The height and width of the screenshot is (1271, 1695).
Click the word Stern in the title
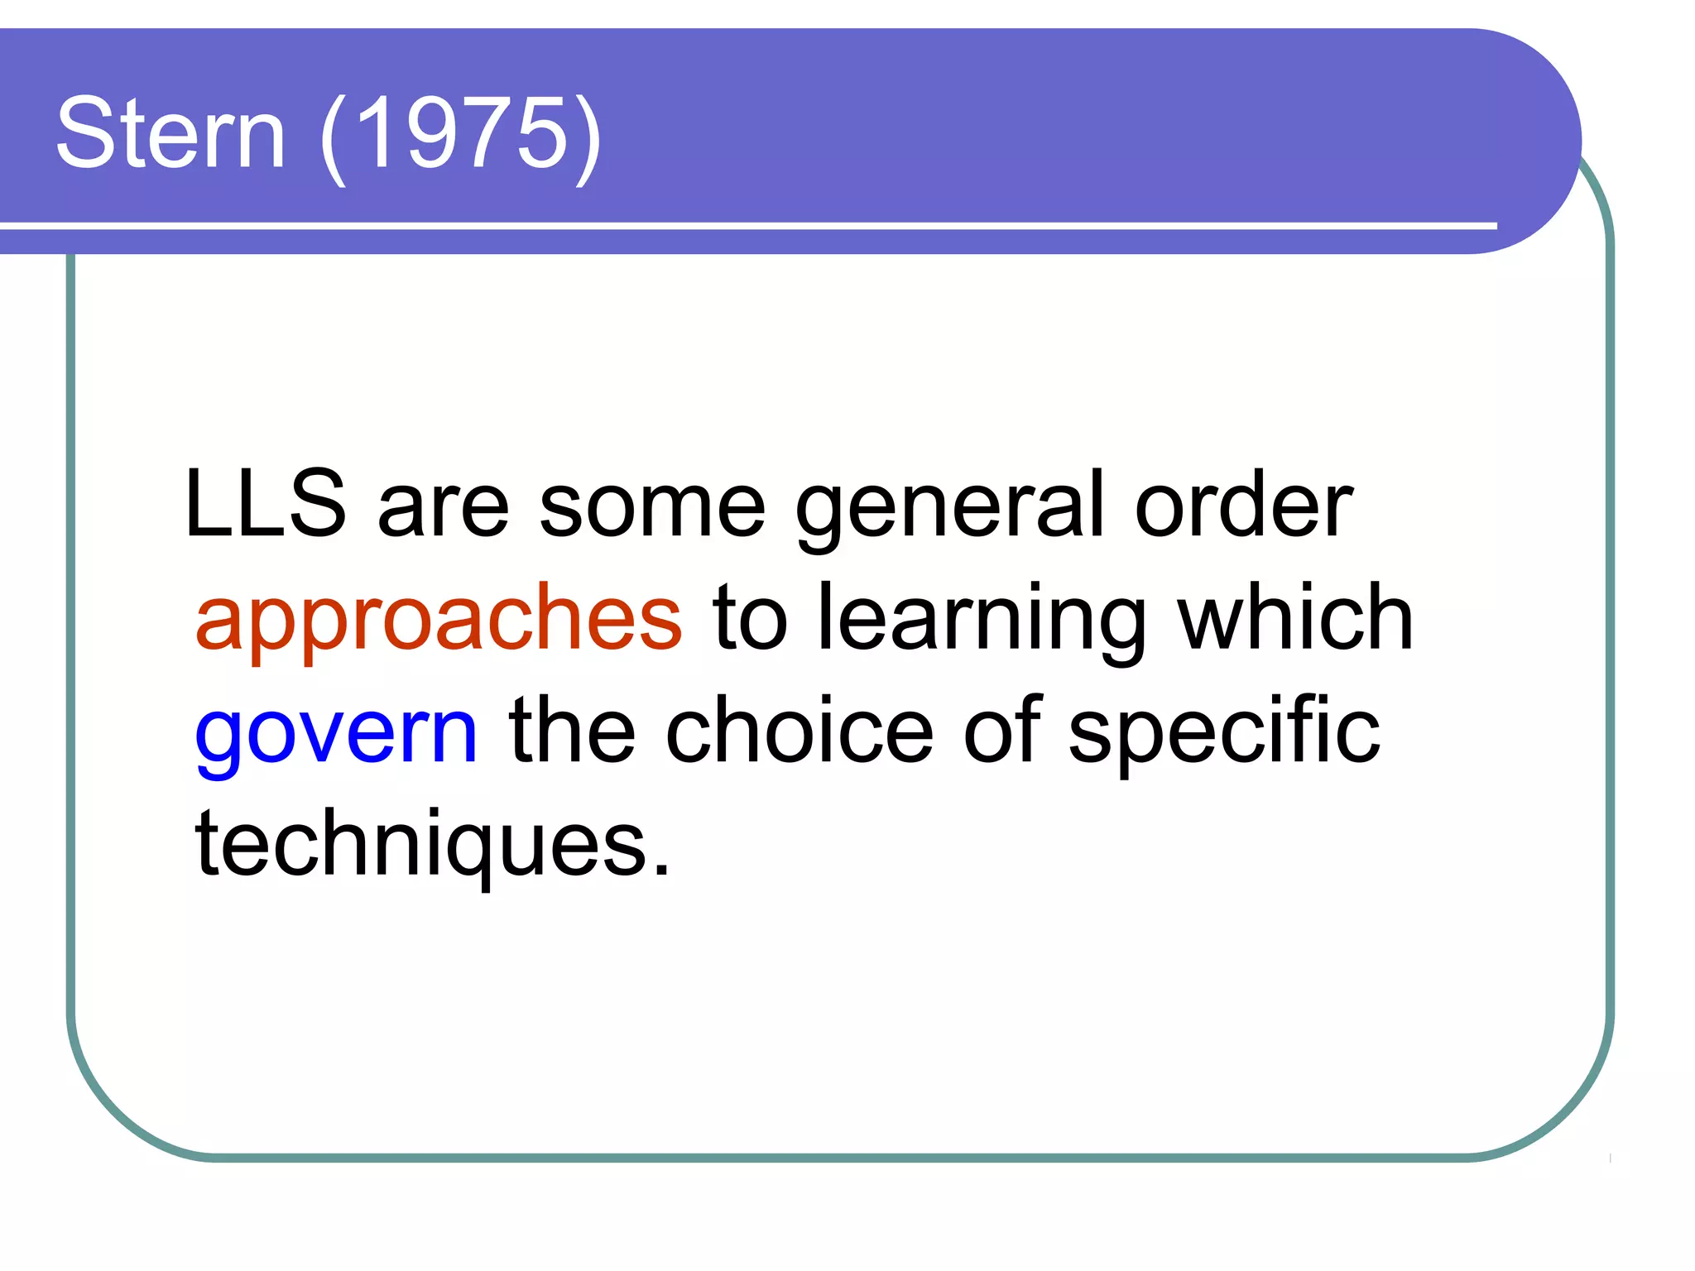(170, 133)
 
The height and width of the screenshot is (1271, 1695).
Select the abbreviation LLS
(265, 504)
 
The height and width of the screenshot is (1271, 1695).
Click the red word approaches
(439, 618)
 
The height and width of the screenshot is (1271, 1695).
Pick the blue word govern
(336, 731)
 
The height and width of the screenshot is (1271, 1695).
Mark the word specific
(1224, 731)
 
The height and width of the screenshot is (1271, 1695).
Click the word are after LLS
(443, 506)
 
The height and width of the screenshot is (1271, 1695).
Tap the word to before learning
(750, 618)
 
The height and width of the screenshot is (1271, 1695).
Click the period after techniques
(660, 869)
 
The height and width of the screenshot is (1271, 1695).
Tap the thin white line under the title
(745, 225)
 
